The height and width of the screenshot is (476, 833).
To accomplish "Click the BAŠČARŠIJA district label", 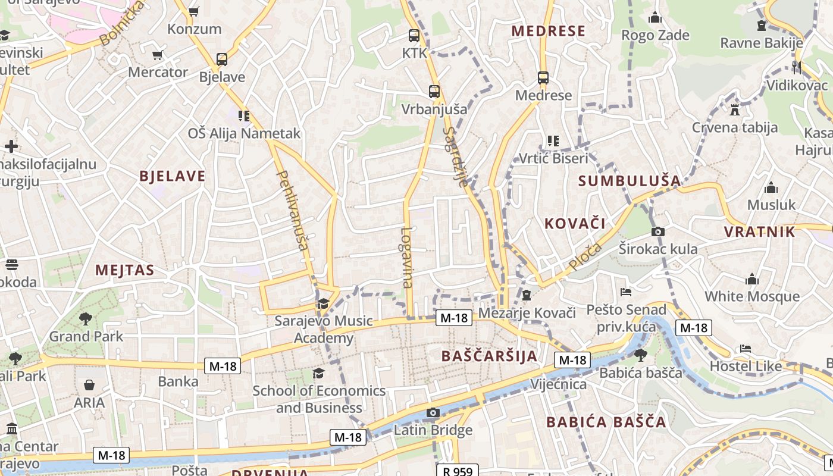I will (x=490, y=356).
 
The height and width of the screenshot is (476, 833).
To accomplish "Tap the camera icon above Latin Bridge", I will (x=433, y=413).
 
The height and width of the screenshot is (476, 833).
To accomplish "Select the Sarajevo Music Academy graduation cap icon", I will (x=323, y=304).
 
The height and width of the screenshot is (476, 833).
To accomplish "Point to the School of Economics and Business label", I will (x=319, y=399).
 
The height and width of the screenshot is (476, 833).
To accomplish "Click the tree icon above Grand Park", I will (x=86, y=319).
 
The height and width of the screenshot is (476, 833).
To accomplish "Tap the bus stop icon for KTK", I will (x=414, y=36).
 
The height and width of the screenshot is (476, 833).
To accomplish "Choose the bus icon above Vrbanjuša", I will (x=434, y=92).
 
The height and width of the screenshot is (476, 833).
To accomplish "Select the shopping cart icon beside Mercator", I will (x=158, y=55).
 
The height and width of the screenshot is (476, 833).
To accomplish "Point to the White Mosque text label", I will (x=752, y=296).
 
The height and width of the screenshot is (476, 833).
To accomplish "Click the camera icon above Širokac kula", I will (x=658, y=231).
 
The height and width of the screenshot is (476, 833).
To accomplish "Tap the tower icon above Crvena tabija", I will (x=734, y=109).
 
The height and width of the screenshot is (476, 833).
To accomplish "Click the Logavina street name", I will (x=407, y=258).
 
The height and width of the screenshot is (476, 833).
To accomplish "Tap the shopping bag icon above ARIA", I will (x=89, y=386).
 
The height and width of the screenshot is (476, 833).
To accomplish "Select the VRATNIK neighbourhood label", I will (x=759, y=232).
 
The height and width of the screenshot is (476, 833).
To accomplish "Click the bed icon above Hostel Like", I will (x=746, y=349).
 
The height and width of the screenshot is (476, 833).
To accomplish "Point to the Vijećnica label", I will (x=559, y=384).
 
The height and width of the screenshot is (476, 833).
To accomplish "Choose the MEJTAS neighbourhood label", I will (x=125, y=270).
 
